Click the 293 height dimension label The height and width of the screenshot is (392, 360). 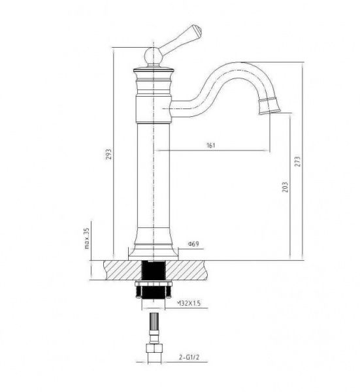[x=109, y=154]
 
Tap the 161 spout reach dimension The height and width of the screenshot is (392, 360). [x=211, y=145]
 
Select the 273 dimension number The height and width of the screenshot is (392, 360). [x=297, y=161]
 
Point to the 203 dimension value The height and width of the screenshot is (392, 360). [x=285, y=187]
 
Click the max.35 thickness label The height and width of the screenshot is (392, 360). [x=87, y=238]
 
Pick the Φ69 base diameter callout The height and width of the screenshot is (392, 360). [x=193, y=244]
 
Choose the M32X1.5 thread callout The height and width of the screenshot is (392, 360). [x=189, y=303]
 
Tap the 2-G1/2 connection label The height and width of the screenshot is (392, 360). [x=189, y=357]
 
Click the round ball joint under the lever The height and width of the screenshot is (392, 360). [x=154, y=56]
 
